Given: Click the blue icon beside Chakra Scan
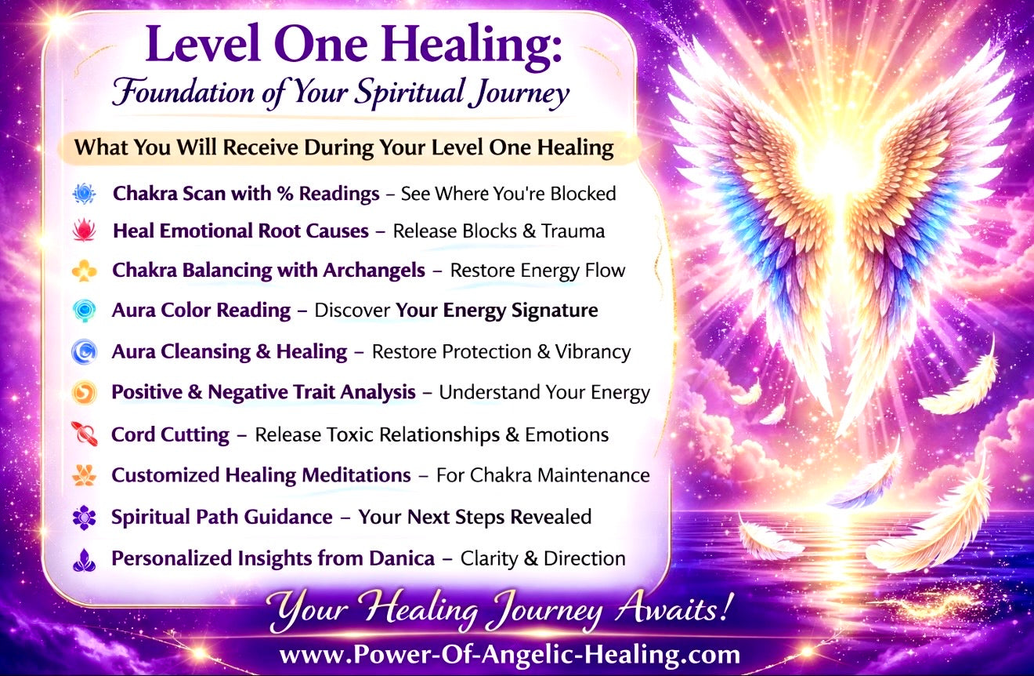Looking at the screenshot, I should [x=84, y=194].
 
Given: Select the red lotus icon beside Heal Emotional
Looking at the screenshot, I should [x=84, y=231].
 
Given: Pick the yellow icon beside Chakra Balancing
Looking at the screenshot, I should [x=84, y=271].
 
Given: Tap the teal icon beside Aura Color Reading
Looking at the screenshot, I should [x=84, y=311].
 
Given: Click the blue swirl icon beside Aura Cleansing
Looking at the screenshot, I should [x=84, y=352].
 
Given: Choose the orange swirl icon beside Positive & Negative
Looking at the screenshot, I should [x=84, y=392].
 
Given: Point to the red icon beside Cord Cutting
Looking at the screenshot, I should [x=84, y=434].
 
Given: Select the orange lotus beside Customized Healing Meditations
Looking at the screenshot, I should [x=84, y=475].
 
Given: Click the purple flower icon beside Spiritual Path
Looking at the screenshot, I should [x=84, y=518].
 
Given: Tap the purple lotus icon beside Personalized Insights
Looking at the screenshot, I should [x=84, y=559].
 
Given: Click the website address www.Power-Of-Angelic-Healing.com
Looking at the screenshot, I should [x=509, y=654].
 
